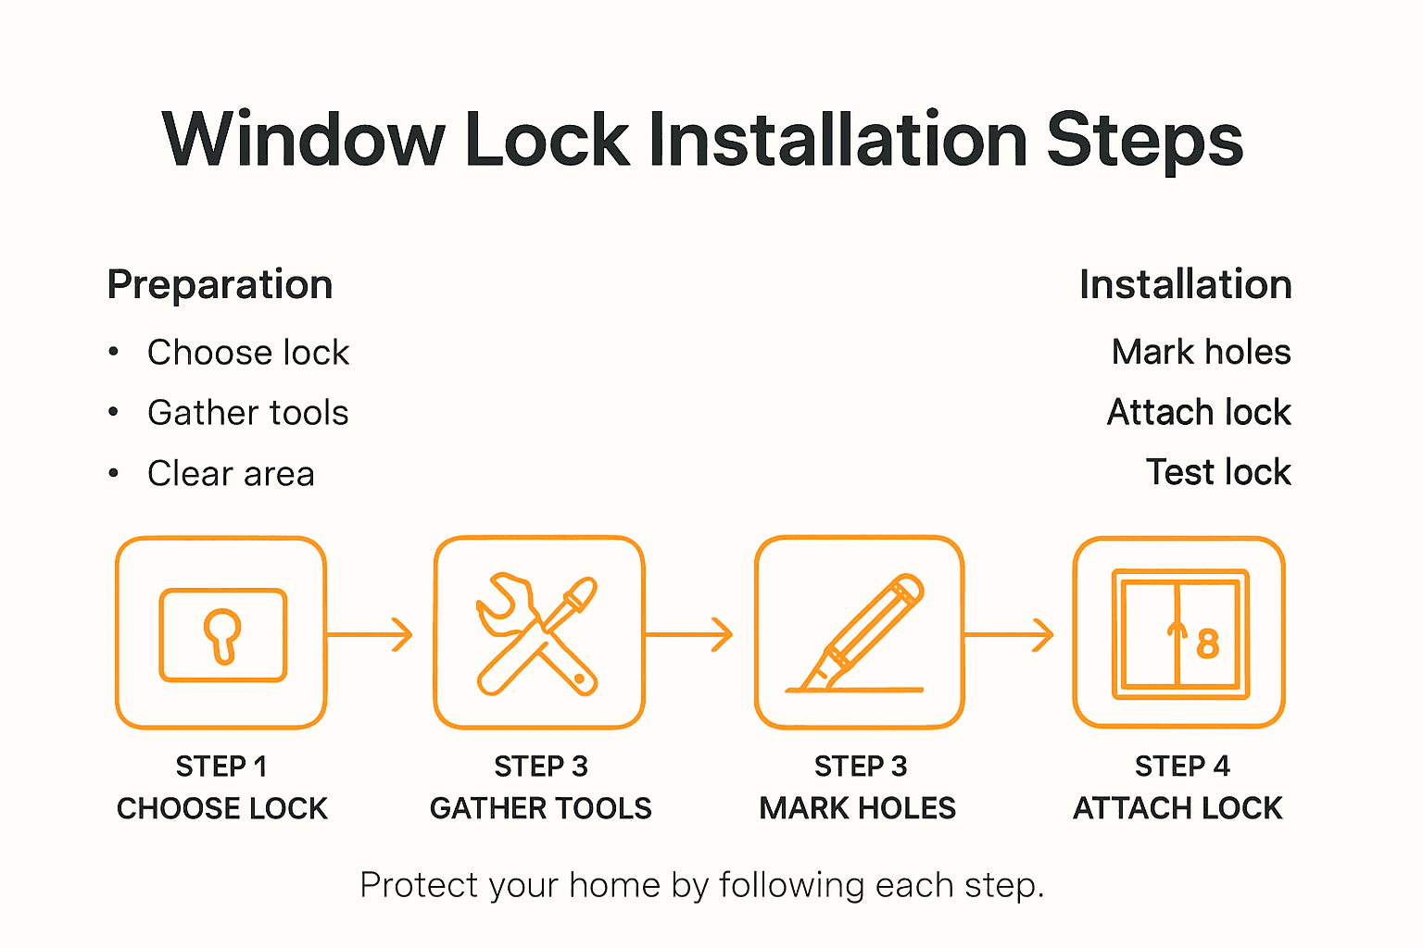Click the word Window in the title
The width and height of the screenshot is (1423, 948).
(304, 140)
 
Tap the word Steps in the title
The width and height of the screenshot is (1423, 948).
(1144, 140)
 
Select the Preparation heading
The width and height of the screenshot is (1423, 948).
(220, 284)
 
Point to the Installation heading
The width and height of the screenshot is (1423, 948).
(1185, 284)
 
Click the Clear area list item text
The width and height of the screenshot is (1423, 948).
(231, 474)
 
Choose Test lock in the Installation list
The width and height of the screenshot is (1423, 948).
(1217, 472)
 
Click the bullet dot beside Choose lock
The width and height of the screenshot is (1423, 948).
(113, 352)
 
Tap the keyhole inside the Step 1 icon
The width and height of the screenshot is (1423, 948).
(222, 634)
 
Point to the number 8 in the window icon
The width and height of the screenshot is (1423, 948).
(1207, 643)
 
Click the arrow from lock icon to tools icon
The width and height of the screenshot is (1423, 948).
(370, 634)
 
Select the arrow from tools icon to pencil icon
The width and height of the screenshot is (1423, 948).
(689, 634)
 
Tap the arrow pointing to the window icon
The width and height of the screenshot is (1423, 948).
(1010, 634)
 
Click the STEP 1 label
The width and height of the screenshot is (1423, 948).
(221, 767)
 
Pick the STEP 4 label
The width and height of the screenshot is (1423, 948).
(1182, 767)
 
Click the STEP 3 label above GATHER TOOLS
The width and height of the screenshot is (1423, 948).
(540, 767)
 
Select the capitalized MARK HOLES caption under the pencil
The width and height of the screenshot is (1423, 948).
(857, 808)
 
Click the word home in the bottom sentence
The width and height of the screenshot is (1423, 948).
(614, 886)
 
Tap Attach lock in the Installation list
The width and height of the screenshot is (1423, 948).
(1199, 412)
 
